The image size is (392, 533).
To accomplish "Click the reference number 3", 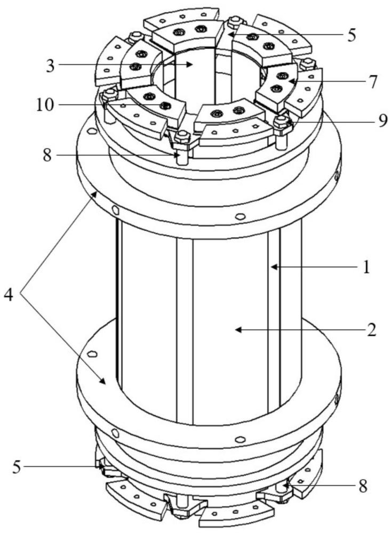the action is point(50,66).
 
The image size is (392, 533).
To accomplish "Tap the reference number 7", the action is point(373,82).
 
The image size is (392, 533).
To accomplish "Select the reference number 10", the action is point(45,105).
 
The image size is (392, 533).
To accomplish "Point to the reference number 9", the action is point(383,120).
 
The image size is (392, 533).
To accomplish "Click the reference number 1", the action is point(366,268).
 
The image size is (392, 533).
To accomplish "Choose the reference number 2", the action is point(372,330).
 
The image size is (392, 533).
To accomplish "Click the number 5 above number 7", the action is point(351,35).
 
